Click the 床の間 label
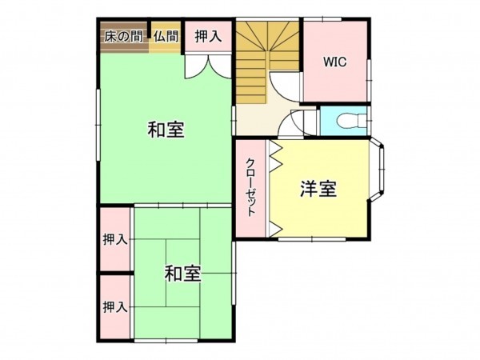pos(124,36)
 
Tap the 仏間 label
pos(166,36)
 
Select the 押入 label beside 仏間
pos(208,37)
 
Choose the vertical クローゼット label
pos(251,189)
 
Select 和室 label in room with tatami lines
pos(182,274)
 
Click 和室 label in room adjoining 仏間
pos(166,129)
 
